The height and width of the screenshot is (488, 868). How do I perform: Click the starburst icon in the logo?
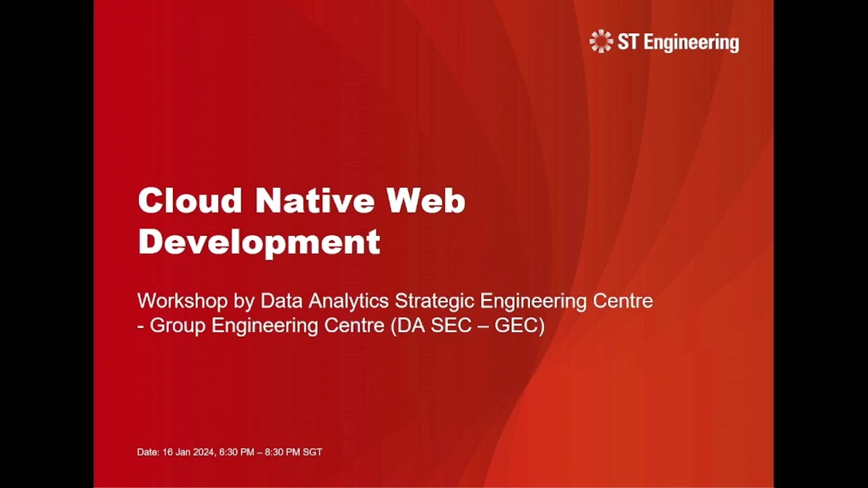pyautogui.click(x=601, y=42)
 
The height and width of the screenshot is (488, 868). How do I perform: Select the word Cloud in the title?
pyautogui.click(x=190, y=201)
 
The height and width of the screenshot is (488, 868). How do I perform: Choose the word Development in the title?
pyautogui.click(x=259, y=241)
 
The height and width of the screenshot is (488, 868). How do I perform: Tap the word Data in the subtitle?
pyautogui.click(x=279, y=301)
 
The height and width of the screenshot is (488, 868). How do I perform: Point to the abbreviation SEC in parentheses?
pyautogui.click(x=455, y=326)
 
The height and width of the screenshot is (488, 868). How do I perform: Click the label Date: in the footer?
pyautogui.click(x=148, y=452)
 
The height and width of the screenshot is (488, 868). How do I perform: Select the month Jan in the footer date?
pyautogui.click(x=183, y=452)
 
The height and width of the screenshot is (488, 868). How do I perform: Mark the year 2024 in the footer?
pyautogui.click(x=205, y=452)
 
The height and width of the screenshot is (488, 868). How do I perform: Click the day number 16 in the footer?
pyautogui.click(x=167, y=452)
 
